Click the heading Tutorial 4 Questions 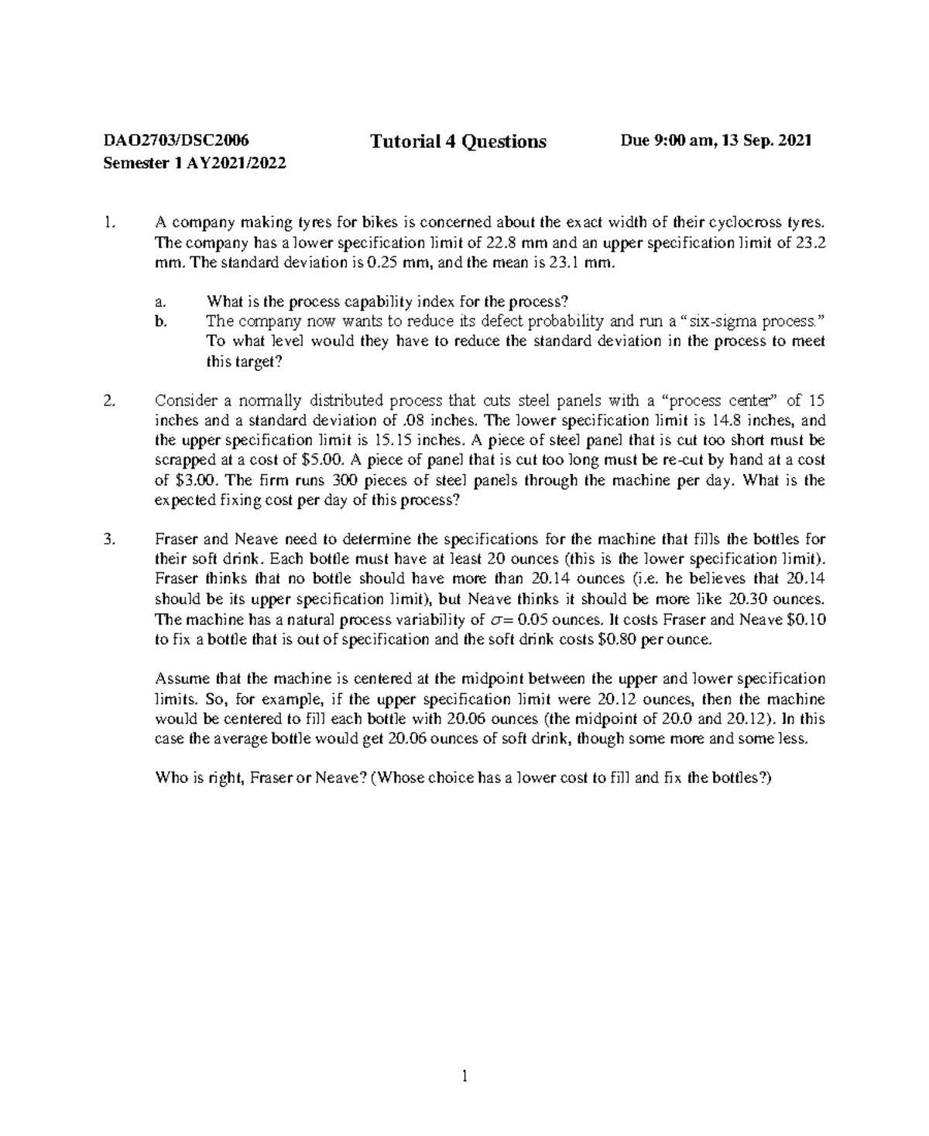[458, 142]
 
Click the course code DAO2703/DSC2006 [177, 141]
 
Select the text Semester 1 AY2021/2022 [194, 164]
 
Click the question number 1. [108, 223]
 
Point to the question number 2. [108, 401]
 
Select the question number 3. [108, 539]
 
